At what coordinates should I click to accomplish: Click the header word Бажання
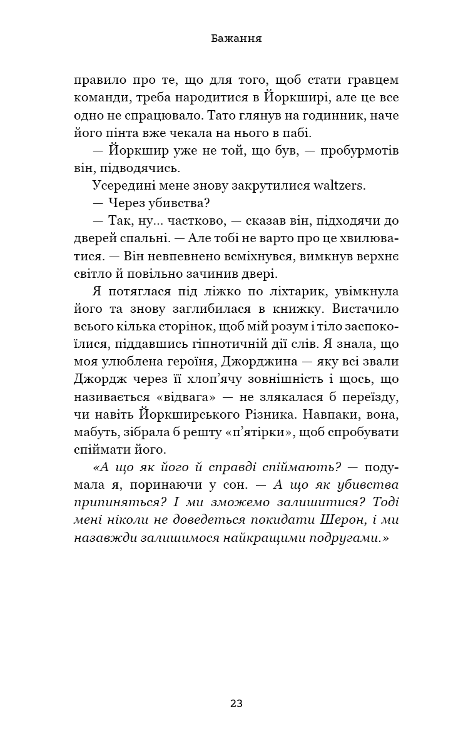[x=236, y=39]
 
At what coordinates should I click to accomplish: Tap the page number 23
[x=236, y=703]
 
